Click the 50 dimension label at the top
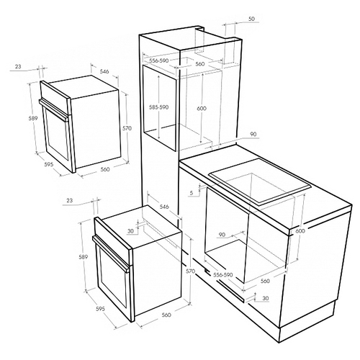coord(251,19)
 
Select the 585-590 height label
coord(159,107)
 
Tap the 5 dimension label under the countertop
coord(192,193)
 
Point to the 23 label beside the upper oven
coord(18,66)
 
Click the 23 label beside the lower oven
coord(69,200)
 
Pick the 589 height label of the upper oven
coord(33,118)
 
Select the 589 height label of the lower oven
coord(84,257)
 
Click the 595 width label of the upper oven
coord(48,165)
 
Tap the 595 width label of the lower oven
coord(100,309)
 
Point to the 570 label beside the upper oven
coord(127,128)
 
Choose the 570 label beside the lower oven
coord(190,271)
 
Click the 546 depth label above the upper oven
coord(104,71)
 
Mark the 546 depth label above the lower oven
coord(164,207)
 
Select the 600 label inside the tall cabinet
coord(202,109)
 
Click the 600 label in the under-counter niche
coord(300,230)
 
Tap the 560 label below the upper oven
coord(105,169)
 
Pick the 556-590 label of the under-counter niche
coord(223,275)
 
